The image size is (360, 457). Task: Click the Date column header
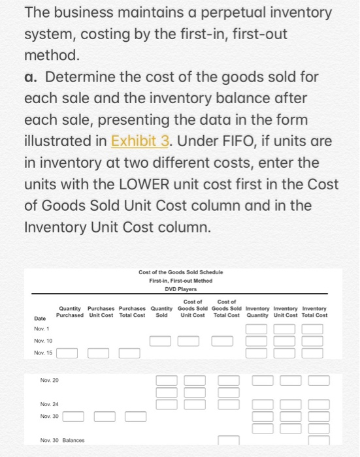pos(40,318)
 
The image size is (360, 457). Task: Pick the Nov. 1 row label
pos(41,329)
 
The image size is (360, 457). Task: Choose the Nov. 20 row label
pos(49,379)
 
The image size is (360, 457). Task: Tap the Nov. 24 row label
pos(49,404)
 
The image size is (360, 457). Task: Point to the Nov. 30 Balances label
pos(62,439)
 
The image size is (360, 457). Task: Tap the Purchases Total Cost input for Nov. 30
pos(136,416)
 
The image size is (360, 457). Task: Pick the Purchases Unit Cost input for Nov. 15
pos(99,353)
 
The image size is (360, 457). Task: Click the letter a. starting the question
pos(33,77)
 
